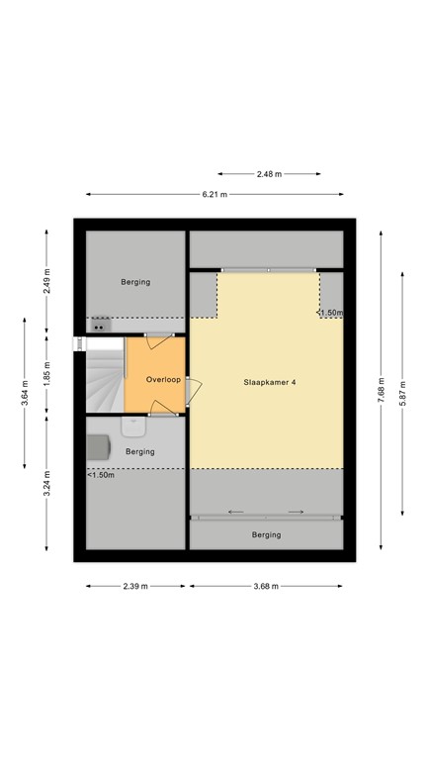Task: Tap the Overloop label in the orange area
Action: point(162,379)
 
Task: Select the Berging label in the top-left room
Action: point(135,282)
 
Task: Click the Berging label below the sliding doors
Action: point(266,534)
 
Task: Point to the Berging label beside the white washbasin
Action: point(140,451)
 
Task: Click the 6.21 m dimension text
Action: point(214,194)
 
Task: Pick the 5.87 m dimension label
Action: point(401,393)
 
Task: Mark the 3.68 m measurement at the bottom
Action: point(266,586)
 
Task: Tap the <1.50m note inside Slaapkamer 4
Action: point(330,313)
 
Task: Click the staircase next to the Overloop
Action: point(103,374)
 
